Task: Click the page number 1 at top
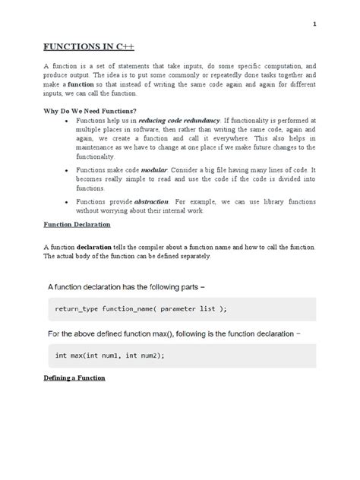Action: click(314, 24)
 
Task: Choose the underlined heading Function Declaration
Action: click(77, 225)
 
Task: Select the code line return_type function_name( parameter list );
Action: click(141, 309)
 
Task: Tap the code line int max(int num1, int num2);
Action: click(109, 355)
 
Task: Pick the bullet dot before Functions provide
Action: click(68, 202)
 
